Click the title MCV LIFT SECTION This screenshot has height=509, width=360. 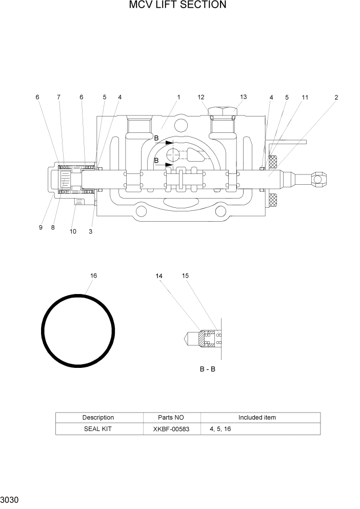(177, 6)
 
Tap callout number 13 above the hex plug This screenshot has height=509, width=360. (243, 97)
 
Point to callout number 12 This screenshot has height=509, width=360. (201, 97)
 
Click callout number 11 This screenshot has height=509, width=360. (305, 97)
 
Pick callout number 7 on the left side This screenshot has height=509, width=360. (58, 97)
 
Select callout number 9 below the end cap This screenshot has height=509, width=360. (41, 228)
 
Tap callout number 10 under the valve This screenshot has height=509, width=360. (73, 231)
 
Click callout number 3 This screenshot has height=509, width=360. (90, 231)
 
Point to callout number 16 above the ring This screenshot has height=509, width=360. (93, 276)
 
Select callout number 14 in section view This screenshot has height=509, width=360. (159, 276)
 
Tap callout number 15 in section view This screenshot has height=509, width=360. (185, 276)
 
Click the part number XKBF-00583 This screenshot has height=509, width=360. (171, 428)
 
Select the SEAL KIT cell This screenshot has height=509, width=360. (98, 428)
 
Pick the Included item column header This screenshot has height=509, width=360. (257, 417)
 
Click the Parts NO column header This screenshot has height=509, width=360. (171, 417)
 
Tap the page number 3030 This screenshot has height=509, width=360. (10, 500)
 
